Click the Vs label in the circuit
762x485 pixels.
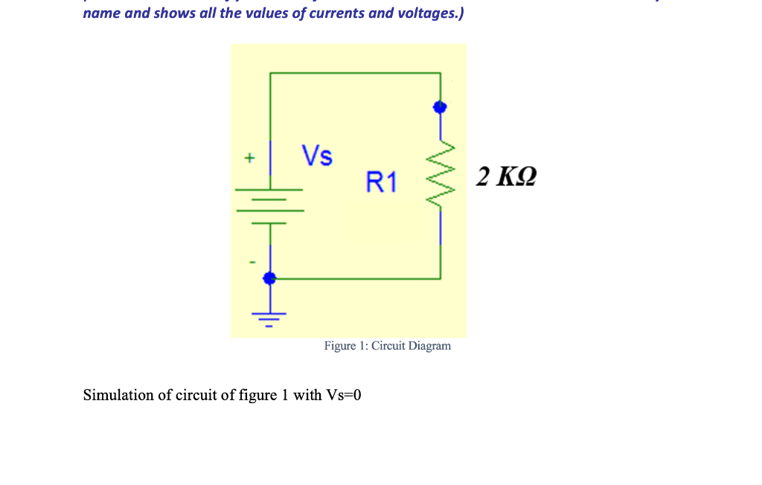[x=317, y=156]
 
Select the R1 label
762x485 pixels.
[x=382, y=182]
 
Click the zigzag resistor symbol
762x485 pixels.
[x=441, y=175]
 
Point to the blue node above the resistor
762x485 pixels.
[x=440, y=107]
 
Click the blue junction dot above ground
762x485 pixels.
[x=269, y=278]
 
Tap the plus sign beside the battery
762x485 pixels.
[x=250, y=158]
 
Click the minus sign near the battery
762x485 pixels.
[x=252, y=262]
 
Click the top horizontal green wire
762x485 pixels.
[x=355, y=73]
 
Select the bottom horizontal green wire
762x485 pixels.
[x=355, y=279]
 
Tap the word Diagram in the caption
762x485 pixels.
[x=429, y=346]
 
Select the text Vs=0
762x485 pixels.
[x=344, y=395]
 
